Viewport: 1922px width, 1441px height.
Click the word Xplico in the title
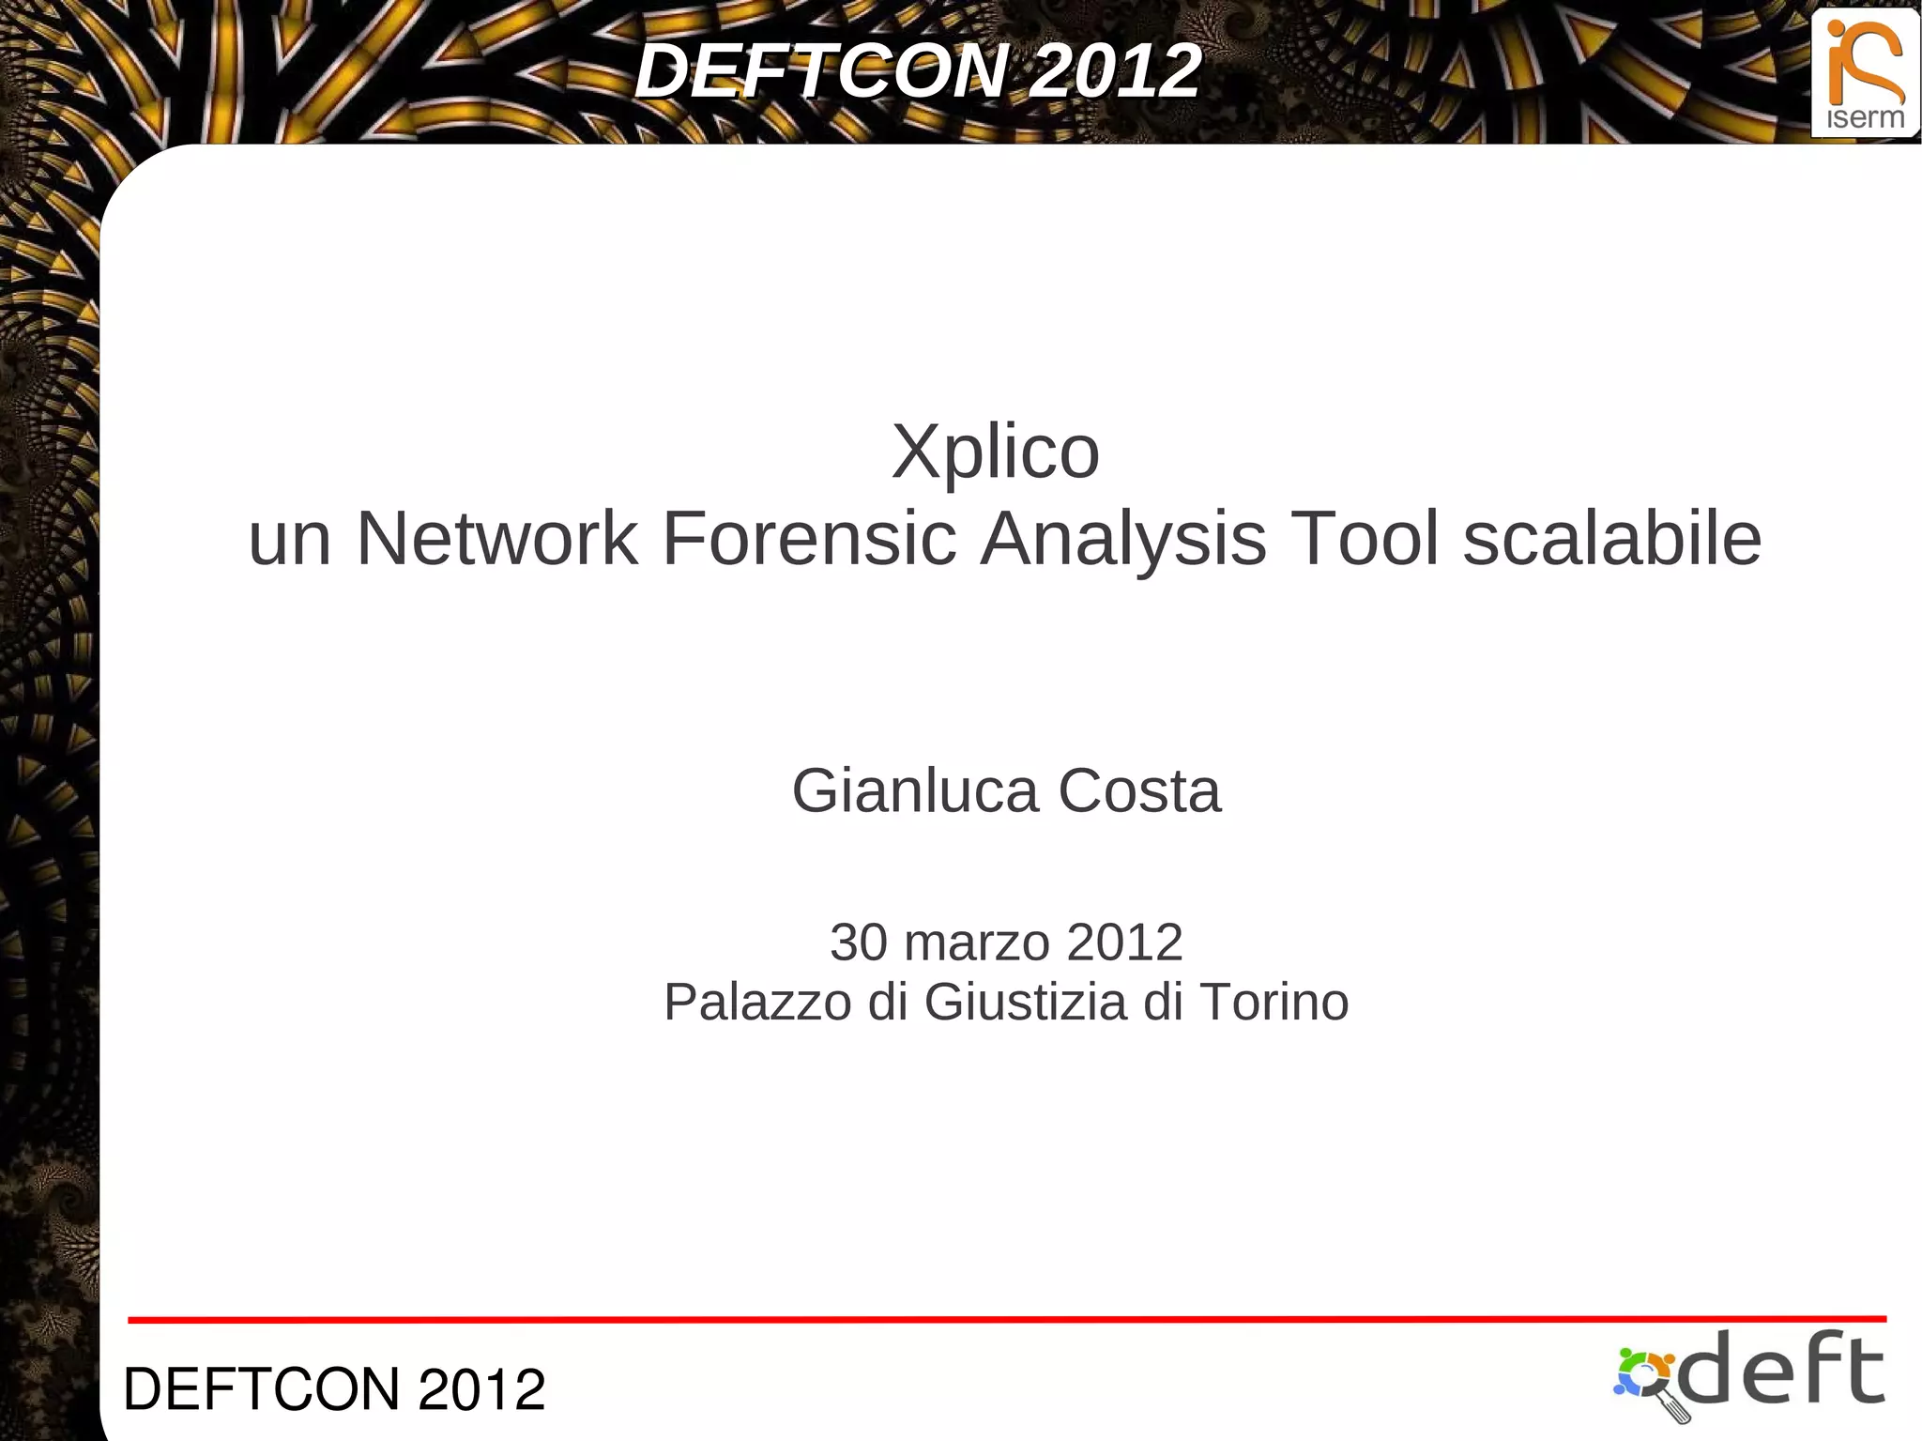[995, 452]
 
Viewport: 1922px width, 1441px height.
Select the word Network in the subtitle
[496, 539]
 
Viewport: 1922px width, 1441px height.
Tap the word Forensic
[809, 539]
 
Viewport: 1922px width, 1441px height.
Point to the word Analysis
[1123, 539]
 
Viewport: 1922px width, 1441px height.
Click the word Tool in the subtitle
[1365, 539]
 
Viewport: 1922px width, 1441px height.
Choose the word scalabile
[1611, 539]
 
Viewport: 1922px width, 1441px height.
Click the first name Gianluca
[915, 790]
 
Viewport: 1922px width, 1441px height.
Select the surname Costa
[1139, 790]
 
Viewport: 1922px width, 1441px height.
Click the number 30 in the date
[858, 942]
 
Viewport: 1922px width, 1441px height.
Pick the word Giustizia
[1025, 1002]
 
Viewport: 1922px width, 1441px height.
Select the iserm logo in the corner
[1865, 73]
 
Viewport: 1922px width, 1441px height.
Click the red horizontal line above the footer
[1006, 1319]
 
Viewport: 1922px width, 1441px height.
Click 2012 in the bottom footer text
[481, 1389]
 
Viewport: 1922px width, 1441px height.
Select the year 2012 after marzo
[1124, 942]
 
